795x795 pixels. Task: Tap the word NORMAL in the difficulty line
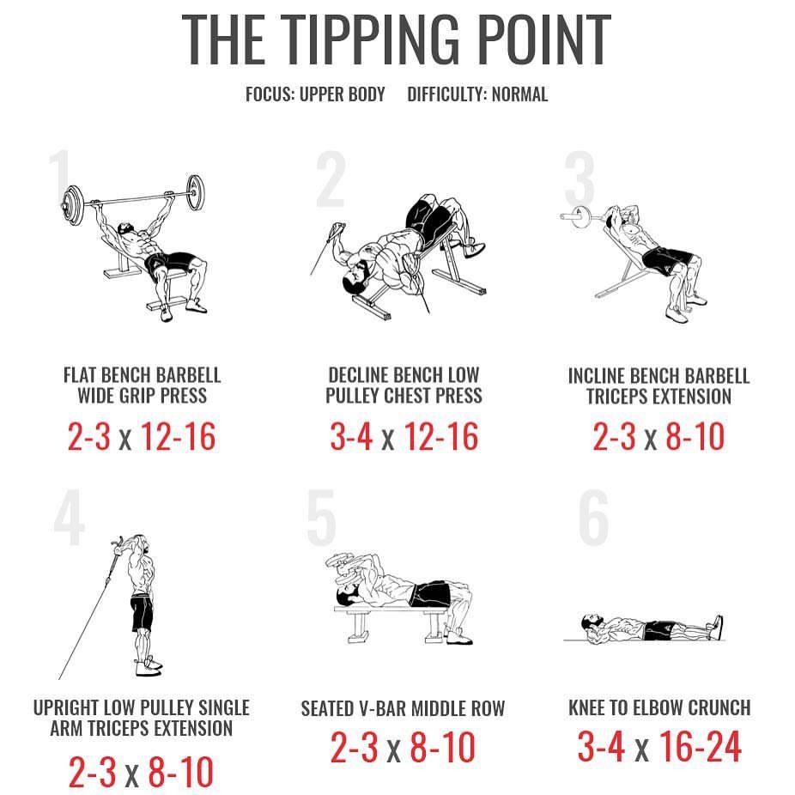(x=519, y=94)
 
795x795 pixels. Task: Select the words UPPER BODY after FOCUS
(x=343, y=94)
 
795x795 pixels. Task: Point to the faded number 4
(x=69, y=518)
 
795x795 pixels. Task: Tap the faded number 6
(x=593, y=518)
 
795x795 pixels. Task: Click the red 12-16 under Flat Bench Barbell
(x=178, y=436)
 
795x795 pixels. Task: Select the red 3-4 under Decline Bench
(x=351, y=436)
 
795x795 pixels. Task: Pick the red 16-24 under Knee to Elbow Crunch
(x=701, y=746)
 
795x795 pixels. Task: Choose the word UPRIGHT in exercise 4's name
(x=66, y=707)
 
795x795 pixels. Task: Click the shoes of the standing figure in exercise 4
(x=149, y=666)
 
